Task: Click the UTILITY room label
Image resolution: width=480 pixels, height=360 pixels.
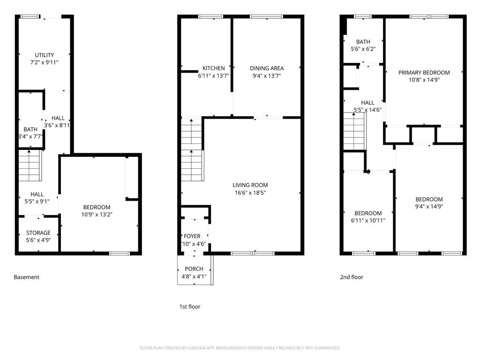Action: (x=45, y=55)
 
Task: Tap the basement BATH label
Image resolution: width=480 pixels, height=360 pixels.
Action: (x=30, y=129)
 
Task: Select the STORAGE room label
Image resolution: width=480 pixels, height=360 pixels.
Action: (x=38, y=233)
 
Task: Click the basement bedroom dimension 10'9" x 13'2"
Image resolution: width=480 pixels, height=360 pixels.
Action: (x=97, y=214)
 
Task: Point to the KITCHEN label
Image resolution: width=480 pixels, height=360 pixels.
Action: (x=213, y=68)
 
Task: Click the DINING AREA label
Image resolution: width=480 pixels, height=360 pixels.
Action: (x=267, y=68)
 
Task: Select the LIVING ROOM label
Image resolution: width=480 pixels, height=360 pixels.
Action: (x=250, y=185)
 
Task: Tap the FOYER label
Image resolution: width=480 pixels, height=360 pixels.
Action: (x=192, y=236)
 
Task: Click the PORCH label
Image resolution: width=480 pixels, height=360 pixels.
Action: (x=194, y=269)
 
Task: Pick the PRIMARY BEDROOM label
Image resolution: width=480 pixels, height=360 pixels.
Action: (x=424, y=73)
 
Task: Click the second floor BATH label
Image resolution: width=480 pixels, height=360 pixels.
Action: (x=363, y=42)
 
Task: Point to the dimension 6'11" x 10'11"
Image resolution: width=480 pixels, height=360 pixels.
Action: (x=367, y=220)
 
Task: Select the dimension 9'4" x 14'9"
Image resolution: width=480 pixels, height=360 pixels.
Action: (x=429, y=206)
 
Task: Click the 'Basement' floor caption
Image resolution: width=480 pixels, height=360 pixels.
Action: (x=27, y=277)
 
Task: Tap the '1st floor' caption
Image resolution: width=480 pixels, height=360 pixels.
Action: (x=190, y=307)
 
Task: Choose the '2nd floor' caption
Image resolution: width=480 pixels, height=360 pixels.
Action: (x=352, y=277)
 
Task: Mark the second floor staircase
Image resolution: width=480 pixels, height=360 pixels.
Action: (x=354, y=132)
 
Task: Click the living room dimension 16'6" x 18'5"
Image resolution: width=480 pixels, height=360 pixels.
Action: (x=250, y=193)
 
